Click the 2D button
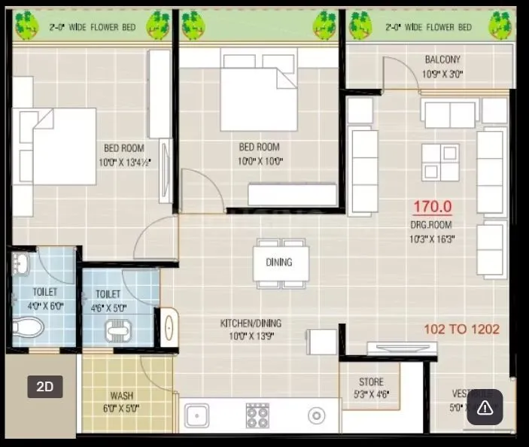click(45, 387)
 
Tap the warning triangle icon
click(485, 409)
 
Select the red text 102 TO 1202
click(461, 329)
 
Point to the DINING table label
click(278, 263)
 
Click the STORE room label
click(370, 382)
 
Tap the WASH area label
click(122, 396)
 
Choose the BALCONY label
click(442, 59)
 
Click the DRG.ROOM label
click(432, 225)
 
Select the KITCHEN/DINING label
click(251, 323)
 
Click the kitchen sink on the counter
click(197, 415)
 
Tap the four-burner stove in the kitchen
click(257, 415)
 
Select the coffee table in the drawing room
click(440, 162)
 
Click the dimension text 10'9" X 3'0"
click(442, 74)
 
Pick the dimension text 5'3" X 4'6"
click(371, 394)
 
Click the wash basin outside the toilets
click(168, 327)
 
